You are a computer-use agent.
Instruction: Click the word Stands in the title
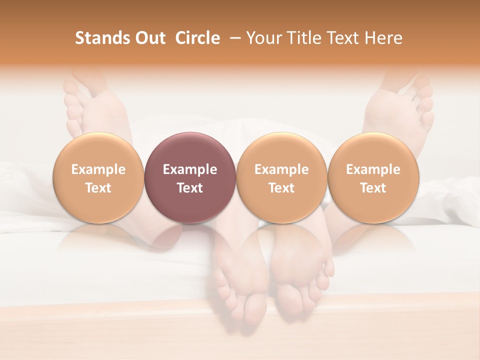click(102, 38)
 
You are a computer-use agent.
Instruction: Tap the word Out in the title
click(149, 38)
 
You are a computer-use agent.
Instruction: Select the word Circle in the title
click(197, 38)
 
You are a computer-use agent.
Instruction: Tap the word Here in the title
click(384, 38)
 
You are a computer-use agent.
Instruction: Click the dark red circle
click(190, 150)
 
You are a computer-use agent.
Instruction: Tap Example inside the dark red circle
click(190, 169)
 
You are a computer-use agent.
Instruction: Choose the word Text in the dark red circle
click(190, 188)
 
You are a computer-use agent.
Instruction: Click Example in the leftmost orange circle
click(98, 169)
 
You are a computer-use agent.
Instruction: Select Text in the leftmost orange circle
click(98, 188)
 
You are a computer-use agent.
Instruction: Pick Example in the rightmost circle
click(373, 169)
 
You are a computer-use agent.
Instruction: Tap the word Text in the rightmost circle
click(373, 188)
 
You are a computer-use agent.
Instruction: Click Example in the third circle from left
click(281, 169)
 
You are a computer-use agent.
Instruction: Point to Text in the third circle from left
click(281, 188)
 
